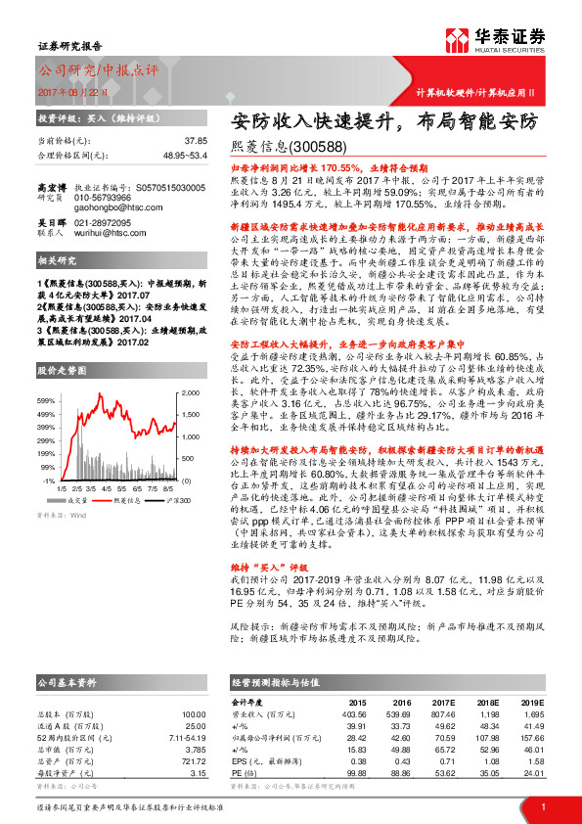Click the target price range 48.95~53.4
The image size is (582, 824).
[x=180, y=156]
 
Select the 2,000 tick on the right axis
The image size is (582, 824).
[x=189, y=391]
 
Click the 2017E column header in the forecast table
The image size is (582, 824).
[x=445, y=702]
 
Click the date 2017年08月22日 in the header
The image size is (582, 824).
[x=72, y=92]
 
